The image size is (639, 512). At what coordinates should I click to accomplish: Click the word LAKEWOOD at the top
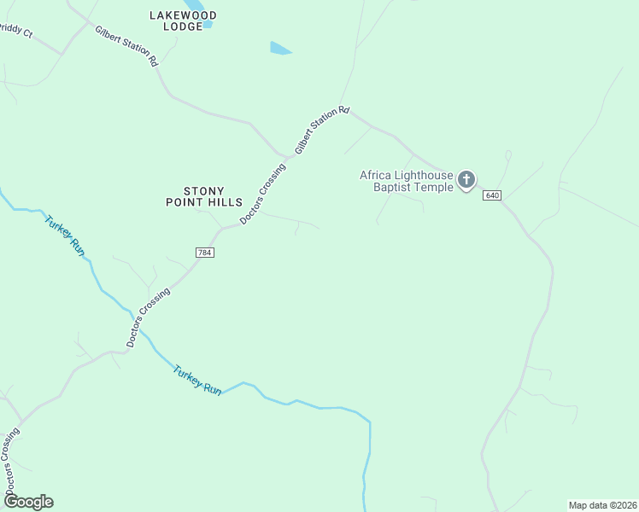pos(183,15)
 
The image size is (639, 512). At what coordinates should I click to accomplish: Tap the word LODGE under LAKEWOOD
pos(183,26)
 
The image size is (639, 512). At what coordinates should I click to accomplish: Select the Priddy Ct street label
pos(15,32)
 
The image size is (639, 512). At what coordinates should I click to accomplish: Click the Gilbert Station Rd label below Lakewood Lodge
pos(126,46)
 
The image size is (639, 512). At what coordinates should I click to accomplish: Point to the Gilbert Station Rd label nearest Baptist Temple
pos(322,129)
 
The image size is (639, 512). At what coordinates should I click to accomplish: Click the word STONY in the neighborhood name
pos(204,191)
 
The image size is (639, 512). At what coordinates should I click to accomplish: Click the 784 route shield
pos(203,253)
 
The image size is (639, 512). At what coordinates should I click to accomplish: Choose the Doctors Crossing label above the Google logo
pos(12,461)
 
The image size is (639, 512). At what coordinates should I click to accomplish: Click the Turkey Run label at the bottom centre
pos(197,380)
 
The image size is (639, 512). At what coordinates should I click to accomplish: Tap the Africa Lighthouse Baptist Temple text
pos(406,181)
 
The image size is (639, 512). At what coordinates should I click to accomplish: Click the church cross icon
pos(466,179)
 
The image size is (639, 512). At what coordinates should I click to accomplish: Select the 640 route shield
pos(491,195)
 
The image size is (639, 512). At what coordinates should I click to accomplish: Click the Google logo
pos(28,502)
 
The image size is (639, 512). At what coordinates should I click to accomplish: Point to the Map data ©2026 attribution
pos(602,504)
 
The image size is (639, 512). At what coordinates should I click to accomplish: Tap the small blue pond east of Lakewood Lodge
pos(280,49)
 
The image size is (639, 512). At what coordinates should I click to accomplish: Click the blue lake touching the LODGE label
pos(208,25)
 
